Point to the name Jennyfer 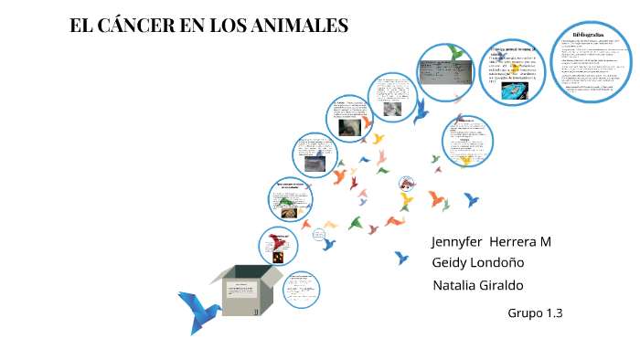456,242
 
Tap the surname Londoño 499,263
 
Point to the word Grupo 525,313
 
